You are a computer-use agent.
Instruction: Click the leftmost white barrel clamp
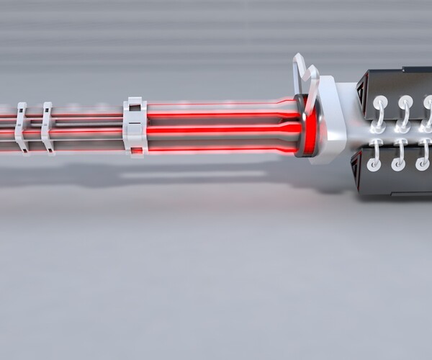pyautogui.click(x=22, y=127)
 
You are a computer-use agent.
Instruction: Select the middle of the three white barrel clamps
pyautogui.click(x=48, y=127)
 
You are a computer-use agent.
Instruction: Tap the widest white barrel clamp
pyautogui.click(x=135, y=126)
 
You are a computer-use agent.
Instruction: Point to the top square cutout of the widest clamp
pyautogui.click(x=135, y=107)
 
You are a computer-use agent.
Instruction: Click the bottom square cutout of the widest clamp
pyautogui.click(x=135, y=150)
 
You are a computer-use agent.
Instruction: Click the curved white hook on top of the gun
pyautogui.click(x=305, y=79)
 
